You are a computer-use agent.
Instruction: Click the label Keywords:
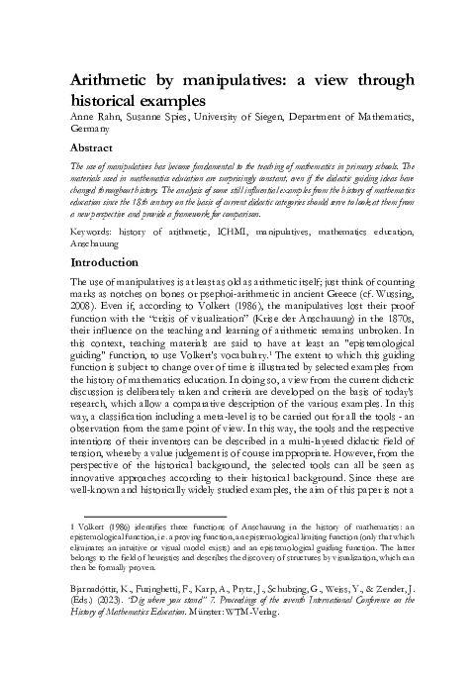pyautogui.click(x=96, y=229)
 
